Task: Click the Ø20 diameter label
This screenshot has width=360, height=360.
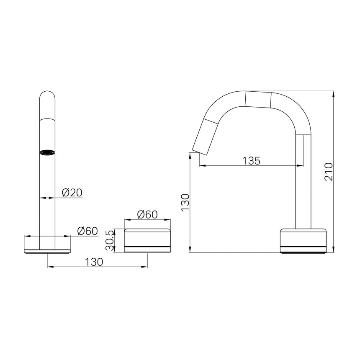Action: tap(72, 193)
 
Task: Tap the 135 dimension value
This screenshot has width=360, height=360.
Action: tap(251, 160)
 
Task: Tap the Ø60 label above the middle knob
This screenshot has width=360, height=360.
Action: tap(147, 214)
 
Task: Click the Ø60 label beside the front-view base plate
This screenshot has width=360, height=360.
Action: tap(87, 231)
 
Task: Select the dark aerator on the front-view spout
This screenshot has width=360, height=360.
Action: tap(47, 153)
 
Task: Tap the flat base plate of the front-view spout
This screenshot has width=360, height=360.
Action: tap(47, 250)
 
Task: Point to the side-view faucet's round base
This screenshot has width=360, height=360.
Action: tap(303, 241)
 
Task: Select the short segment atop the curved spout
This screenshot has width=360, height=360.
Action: tap(258, 99)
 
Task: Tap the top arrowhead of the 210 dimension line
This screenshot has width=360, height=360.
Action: tap(334, 93)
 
